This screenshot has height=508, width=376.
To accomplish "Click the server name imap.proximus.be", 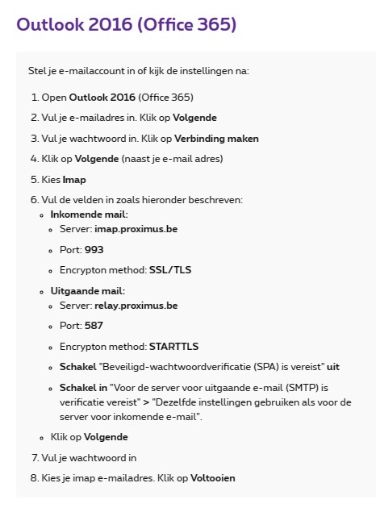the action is click(136, 230).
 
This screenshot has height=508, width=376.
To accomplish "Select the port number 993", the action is click(94, 250).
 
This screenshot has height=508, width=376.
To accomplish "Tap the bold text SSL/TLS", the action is click(172, 269).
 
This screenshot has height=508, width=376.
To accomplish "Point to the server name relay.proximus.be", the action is click(136, 306).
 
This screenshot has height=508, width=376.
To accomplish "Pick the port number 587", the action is click(94, 326).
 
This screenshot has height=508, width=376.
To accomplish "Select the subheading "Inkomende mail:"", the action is click(89, 214).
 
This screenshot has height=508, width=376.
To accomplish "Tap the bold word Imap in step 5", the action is click(74, 179).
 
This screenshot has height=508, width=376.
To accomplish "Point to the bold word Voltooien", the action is click(212, 478).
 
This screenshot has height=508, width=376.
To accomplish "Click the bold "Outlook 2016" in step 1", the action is click(102, 98).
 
